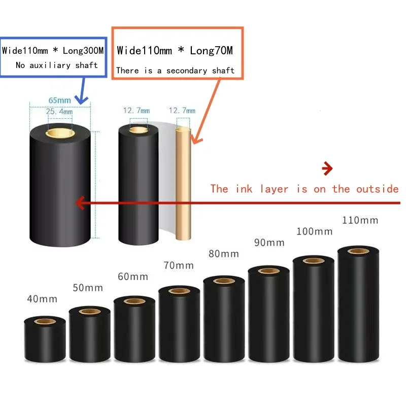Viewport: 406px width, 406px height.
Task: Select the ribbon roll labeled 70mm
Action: tap(179, 325)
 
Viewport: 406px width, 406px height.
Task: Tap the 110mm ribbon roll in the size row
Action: tap(358, 304)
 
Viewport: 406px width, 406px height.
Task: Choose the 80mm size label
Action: tap(223, 254)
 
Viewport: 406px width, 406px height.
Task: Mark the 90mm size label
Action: tap(269, 243)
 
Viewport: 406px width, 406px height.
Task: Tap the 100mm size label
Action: tap(314, 231)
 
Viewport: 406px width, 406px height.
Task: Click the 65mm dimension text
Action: tap(59, 100)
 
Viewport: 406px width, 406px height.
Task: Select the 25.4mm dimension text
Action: tap(59, 111)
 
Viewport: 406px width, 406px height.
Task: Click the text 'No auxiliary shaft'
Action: tap(56, 65)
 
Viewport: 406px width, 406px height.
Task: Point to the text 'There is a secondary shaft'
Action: tap(175, 71)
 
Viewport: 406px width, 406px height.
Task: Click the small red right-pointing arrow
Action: tap(327, 168)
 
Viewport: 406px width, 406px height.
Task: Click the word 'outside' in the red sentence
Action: tap(377, 189)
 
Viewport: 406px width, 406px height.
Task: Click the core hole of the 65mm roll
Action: tap(59, 133)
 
